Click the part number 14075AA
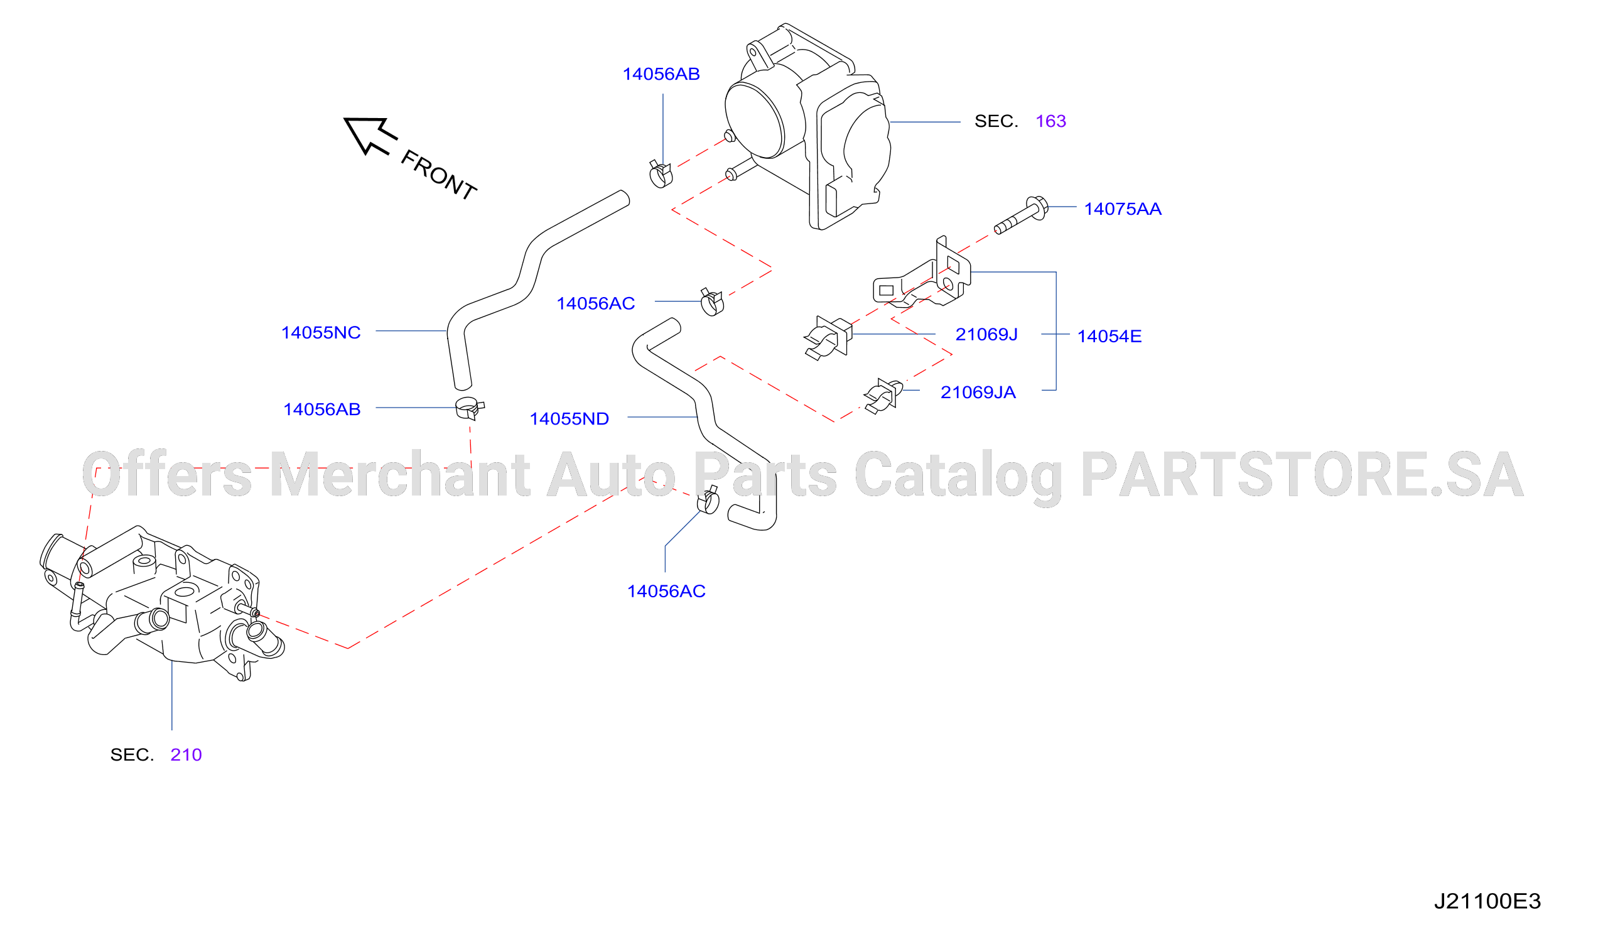coord(1123,209)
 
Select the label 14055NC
coord(321,333)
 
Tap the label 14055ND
coord(569,419)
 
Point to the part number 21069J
coord(986,334)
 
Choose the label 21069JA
coord(978,393)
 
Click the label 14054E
coord(1109,336)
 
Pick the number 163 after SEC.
coord(1051,121)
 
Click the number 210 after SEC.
coord(186,754)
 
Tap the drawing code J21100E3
coord(1487,901)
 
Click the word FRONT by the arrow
coord(439,175)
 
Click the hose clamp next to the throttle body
coord(661,174)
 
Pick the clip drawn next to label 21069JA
coord(883,396)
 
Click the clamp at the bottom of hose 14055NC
coord(470,408)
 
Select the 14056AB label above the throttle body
coord(661,75)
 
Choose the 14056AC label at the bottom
coord(666,591)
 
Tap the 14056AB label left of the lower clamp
coord(322,409)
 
